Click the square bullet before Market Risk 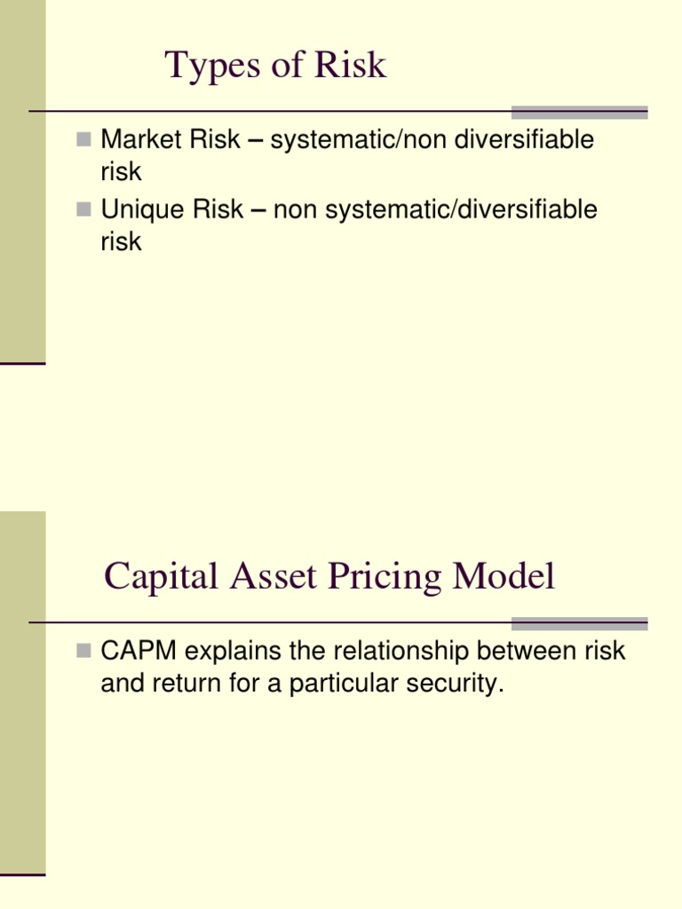[84, 138]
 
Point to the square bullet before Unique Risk [84, 209]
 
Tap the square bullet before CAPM [84, 651]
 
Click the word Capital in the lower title [161, 578]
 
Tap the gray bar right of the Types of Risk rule [579, 112]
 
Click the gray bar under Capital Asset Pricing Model [579, 623]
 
